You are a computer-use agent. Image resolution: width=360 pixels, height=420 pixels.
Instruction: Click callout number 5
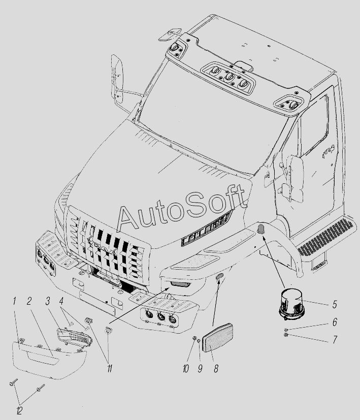[x=335, y=305]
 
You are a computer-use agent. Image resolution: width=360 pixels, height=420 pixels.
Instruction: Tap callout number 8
[x=216, y=369]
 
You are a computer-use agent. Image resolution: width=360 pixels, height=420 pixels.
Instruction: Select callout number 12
[x=19, y=410]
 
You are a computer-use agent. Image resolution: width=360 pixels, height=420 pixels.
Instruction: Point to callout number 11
[x=110, y=369]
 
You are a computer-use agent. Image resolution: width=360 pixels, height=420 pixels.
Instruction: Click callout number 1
[x=14, y=301]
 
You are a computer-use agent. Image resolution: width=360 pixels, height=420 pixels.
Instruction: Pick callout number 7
[x=335, y=340]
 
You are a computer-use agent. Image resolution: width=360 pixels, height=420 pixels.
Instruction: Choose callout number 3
[x=48, y=301]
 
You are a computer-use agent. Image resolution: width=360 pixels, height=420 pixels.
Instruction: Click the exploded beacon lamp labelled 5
[x=292, y=304]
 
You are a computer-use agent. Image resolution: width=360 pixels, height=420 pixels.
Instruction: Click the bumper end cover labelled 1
[x=50, y=359]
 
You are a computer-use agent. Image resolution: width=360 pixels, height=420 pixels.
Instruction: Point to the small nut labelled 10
[x=194, y=338]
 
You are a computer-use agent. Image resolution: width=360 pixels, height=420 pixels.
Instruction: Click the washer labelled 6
[x=286, y=330]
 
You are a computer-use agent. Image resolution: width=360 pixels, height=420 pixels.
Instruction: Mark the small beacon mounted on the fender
[x=261, y=230]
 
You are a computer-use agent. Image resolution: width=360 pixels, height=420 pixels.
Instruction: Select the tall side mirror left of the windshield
[x=117, y=79]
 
